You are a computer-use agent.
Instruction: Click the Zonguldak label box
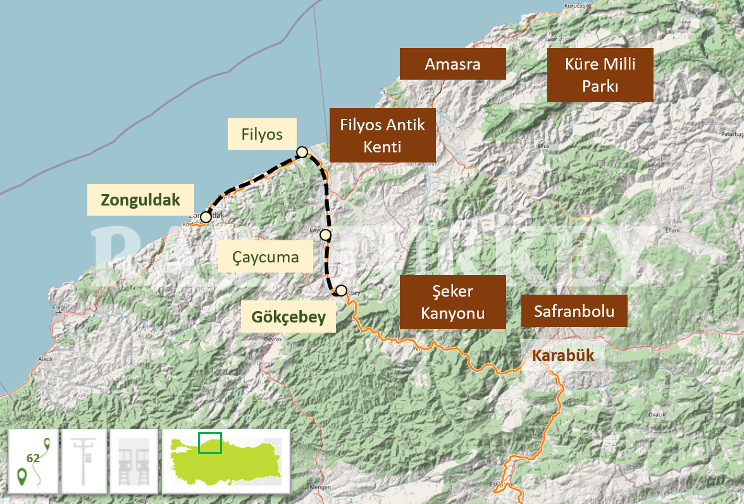pos(140,200)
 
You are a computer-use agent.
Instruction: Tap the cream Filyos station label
pos(262,134)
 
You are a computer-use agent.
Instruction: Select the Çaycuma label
pos(265,257)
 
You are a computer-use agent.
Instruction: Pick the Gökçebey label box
pos(288,317)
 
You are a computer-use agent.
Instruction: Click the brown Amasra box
pos(452,64)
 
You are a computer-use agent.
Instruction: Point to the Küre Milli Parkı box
pos(600,75)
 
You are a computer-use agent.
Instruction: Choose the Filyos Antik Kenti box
pos(382,135)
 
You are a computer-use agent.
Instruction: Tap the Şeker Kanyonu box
pos(452,302)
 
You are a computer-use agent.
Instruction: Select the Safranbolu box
pos(574,310)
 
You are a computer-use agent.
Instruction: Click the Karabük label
pos(563,355)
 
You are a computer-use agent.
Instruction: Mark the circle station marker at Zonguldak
pos(206,217)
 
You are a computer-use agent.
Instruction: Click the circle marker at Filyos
pos(302,152)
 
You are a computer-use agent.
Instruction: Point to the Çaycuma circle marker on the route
pos(326,235)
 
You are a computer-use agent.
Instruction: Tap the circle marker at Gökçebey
pos(341,291)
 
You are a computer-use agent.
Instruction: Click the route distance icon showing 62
pos(34,461)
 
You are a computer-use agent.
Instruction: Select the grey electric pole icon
pos(84,461)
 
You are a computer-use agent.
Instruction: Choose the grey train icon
pos(134,461)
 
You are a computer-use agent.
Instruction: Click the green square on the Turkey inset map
pos(210,443)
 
